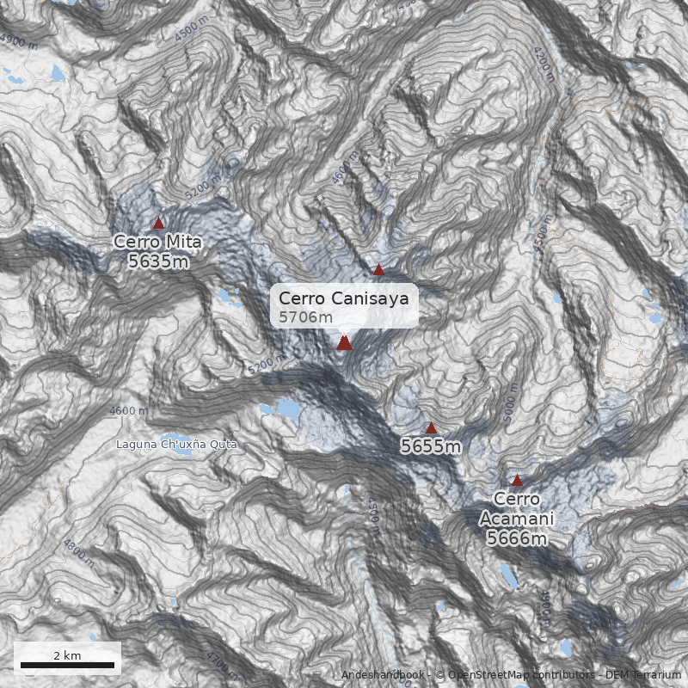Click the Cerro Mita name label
pyautogui.click(x=157, y=242)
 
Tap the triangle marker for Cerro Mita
pyautogui.click(x=158, y=223)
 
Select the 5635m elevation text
pyautogui.click(x=157, y=261)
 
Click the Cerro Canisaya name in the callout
pyautogui.click(x=343, y=298)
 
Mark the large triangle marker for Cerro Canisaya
pyautogui.click(x=344, y=343)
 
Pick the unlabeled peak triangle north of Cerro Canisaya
pyautogui.click(x=378, y=270)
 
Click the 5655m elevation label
pyautogui.click(x=431, y=446)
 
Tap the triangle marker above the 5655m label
pyautogui.click(x=432, y=427)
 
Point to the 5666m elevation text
pyautogui.click(x=517, y=538)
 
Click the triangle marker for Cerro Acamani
pyautogui.click(x=517, y=481)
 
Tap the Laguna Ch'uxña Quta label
pyautogui.click(x=176, y=445)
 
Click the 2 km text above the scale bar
pyautogui.click(x=67, y=655)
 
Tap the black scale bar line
pyautogui.click(x=67, y=665)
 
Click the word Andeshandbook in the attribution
pyautogui.click(x=384, y=675)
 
